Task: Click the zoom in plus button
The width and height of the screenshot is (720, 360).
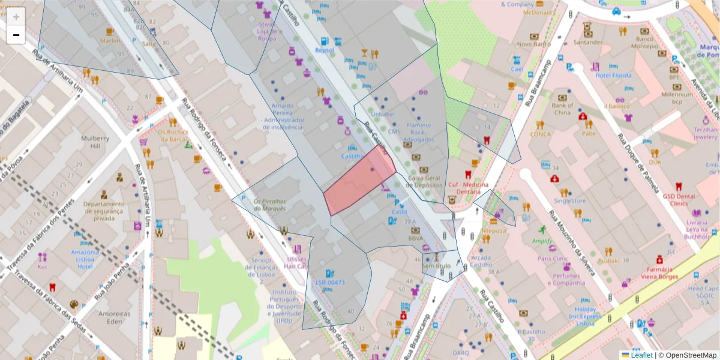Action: pos(16,17)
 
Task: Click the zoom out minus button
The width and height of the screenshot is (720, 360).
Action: pos(16,35)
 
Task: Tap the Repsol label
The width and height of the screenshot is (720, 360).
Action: pos(325,51)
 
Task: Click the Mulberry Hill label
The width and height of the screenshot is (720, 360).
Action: pos(95,142)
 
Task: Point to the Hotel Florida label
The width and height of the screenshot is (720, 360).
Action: pos(613,76)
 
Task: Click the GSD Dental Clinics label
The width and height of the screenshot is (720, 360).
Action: pos(679,200)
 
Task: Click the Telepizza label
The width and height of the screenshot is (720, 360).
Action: pos(494,230)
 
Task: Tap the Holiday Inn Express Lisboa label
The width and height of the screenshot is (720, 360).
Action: pos(584,316)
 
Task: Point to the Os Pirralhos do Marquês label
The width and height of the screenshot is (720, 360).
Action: pos(270,205)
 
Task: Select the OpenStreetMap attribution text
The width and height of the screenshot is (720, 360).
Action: pos(687,355)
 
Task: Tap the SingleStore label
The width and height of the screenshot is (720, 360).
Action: pos(569,201)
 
